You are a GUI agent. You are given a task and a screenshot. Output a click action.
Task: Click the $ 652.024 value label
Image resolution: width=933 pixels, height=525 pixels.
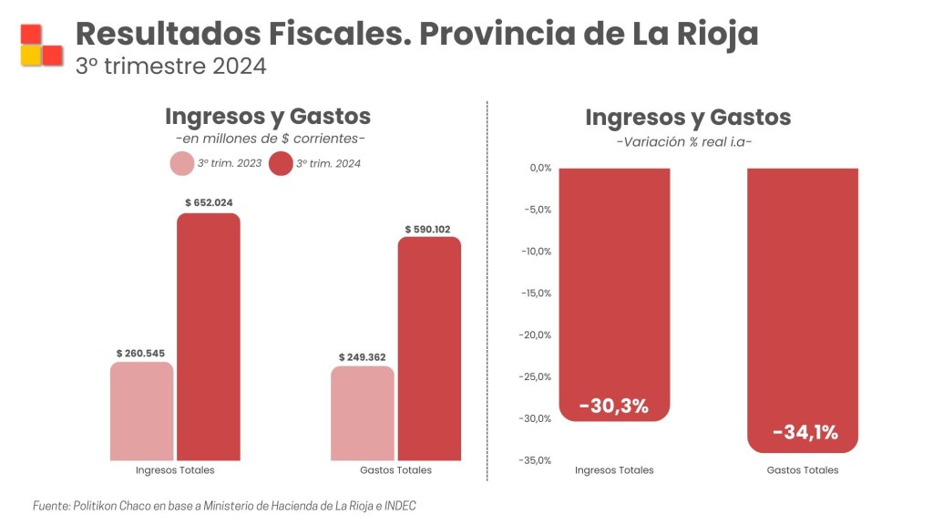coord(209,202)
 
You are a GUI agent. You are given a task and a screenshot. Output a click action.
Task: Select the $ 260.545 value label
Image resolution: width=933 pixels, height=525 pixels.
coord(140,353)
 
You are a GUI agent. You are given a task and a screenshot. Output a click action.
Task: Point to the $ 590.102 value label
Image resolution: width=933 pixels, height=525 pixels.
coord(428,229)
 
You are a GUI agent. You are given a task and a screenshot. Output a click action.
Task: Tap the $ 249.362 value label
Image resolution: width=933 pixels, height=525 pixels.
coord(363,357)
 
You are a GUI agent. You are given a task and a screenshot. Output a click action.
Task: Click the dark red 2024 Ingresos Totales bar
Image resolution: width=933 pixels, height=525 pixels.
coord(209,337)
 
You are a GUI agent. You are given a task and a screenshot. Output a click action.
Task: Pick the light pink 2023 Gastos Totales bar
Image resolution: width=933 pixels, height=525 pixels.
coord(363,413)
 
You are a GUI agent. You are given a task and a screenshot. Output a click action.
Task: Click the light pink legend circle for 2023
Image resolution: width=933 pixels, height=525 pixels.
coord(182,164)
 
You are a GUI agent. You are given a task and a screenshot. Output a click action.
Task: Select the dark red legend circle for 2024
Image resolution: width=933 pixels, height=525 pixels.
coord(281,164)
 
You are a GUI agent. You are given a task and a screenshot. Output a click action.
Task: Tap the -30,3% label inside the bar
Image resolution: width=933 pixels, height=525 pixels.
coord(614,406)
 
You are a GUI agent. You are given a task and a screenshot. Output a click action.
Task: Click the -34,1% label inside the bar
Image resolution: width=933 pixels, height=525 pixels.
coord(805,432)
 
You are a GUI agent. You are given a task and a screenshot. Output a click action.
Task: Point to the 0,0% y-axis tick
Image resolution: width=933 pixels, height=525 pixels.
coord(541,168)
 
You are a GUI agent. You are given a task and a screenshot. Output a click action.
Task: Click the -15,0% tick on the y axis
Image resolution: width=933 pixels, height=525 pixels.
coord(538,293)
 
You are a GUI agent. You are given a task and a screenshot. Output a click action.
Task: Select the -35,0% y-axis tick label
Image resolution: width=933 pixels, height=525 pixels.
coord(537,460)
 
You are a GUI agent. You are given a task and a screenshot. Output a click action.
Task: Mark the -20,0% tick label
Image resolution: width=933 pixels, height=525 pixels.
coord(537,335)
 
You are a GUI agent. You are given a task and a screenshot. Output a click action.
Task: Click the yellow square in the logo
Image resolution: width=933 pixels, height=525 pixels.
coord(31,56)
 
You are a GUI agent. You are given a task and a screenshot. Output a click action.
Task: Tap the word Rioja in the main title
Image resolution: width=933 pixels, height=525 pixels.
coord(717,34)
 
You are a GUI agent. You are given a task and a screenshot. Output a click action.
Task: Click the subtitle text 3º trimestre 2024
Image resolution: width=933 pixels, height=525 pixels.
coord(170,66)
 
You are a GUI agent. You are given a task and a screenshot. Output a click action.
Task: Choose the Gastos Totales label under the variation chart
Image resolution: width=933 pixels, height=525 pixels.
coord(803,470)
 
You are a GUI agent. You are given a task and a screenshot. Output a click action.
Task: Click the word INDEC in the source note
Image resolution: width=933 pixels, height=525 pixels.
coord(400,506)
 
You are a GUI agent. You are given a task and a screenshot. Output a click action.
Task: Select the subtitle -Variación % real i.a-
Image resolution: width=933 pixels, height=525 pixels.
coord(684,142)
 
